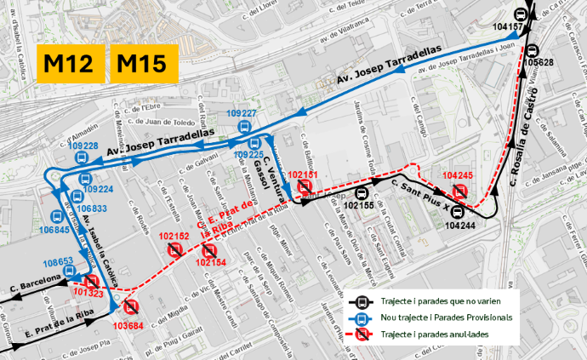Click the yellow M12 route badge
[x=71, y=64]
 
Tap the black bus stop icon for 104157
[x=520, y=14]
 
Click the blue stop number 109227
[x=242, y=114]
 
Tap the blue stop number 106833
[x=91, y=209]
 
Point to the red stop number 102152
[x=174, y=236]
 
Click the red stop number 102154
[x=210, y=263]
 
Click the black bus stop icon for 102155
[x=361, y=191]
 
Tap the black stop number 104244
[x=459, y=226]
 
